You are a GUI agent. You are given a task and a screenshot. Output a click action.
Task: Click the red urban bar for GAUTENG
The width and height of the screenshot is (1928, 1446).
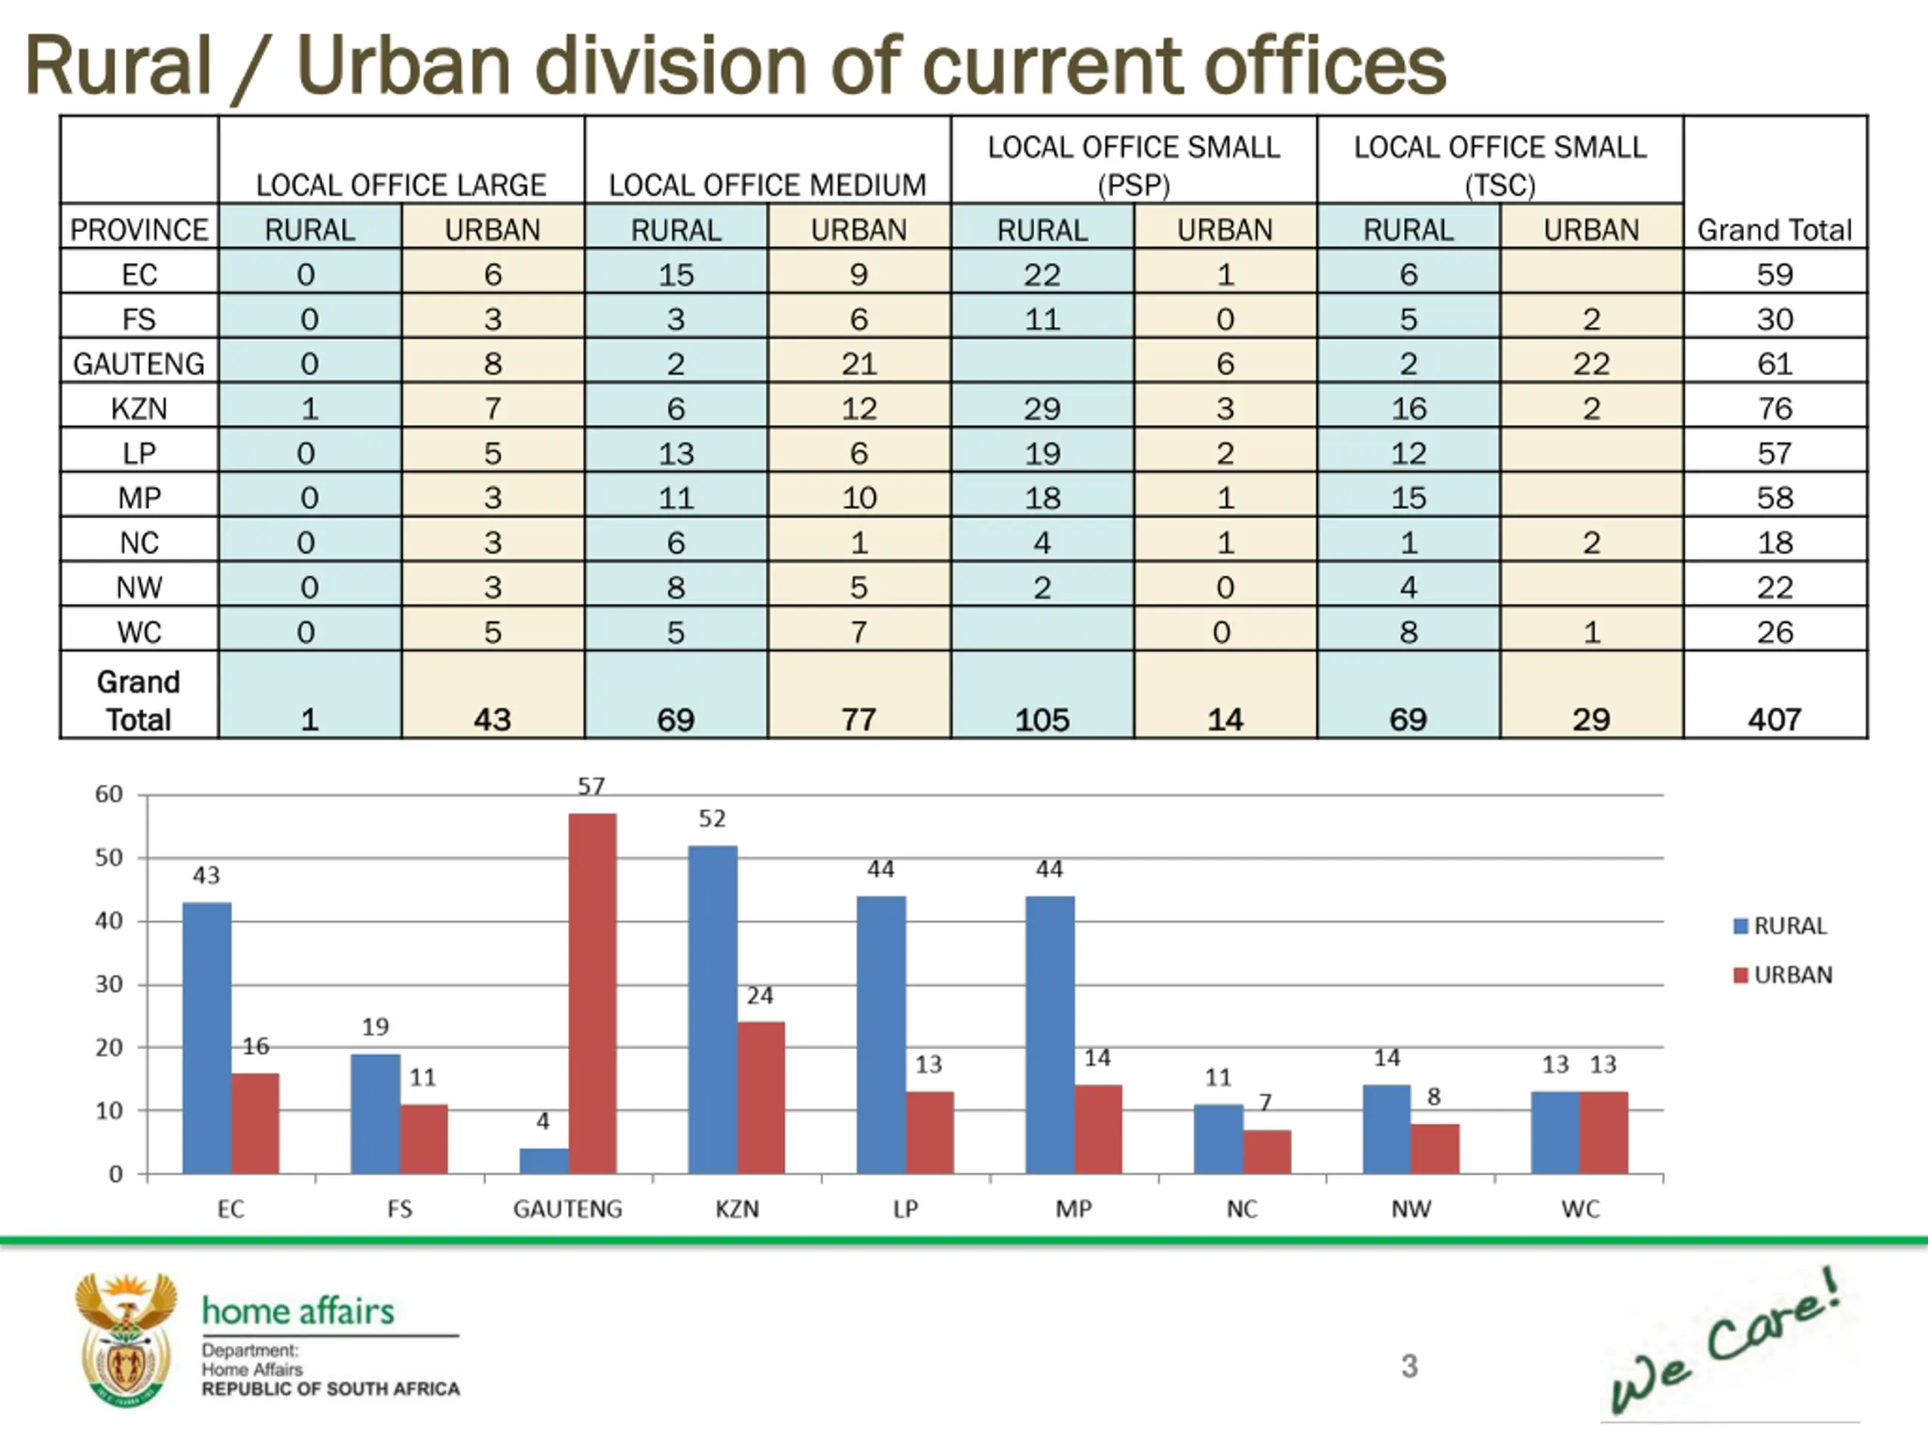[x=592, y=993]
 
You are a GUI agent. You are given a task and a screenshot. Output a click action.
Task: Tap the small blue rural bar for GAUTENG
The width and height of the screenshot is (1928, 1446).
[x=543, y=1161]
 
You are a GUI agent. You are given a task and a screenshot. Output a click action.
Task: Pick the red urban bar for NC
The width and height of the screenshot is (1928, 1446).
[x=1267, y=1152]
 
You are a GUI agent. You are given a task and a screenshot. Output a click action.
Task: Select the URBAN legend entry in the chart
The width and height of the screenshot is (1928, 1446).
[x=1783, y=975]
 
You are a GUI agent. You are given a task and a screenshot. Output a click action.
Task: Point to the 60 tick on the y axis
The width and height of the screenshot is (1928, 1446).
[x=109, y=794]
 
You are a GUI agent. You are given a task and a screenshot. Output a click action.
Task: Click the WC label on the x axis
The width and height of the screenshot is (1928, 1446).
[x=1579, y=1209]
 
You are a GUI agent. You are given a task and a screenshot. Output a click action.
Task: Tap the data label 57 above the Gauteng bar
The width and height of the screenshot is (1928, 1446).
[x=591, y=786]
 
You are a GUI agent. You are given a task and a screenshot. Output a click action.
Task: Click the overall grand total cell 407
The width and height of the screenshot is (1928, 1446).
[x=1774, y=719]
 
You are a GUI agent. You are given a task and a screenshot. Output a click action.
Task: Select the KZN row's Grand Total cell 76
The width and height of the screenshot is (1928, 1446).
[x=1774, y=408]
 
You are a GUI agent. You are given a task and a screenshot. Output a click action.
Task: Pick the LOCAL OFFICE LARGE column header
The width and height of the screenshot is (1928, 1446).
[x=401, y=185]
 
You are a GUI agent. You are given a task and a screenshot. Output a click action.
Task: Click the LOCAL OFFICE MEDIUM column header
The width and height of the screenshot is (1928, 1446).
[x=767, y=185]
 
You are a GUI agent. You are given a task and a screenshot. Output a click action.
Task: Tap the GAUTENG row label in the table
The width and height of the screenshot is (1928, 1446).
[x=139, y=364]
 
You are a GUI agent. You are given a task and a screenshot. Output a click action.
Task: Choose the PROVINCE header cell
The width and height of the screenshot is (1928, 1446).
[x=139, y=229]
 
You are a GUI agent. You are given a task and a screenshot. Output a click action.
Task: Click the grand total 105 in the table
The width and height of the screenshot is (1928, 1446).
[x=1042, y=719]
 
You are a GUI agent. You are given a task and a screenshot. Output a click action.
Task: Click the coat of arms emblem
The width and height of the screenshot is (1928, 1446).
[x=127, y=1340]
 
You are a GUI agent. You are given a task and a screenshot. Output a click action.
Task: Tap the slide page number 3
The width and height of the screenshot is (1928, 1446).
[x=1408, y=1365]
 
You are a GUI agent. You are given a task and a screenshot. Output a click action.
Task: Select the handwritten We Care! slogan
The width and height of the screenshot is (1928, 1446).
[x=1726, y=1342]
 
